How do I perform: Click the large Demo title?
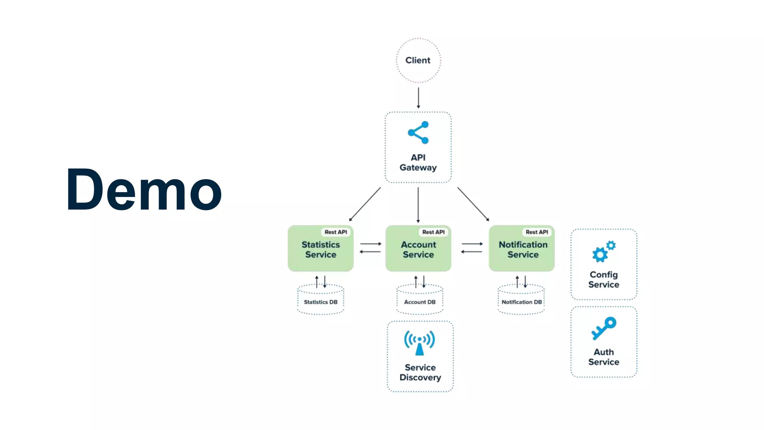pyautogui.click(x=144, y=190)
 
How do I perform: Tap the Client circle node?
pyautogui.click(x=418, y=60)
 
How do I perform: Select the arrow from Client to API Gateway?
pyautogui.click(x=418, y=98)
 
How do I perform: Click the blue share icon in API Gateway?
pyautogui.click(x=419, y=133)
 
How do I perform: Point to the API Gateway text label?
pyautogui.click(x=418, y=163)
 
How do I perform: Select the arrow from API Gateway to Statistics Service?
pyautogui.click(x=365, y=204)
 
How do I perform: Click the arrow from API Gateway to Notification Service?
pyautogui.click(x=473, y=204)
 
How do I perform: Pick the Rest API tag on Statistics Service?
pyautogui.click(x=335, y=232)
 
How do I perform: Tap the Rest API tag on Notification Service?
pyautogui.click(x=536, y=232)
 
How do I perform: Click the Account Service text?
pyautogui.click(x=418, y=250)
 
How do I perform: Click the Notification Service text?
pyautogui.click(x=523, y=250)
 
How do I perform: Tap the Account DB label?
pyautogui.click(x=420, y=302)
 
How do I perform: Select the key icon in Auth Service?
pyautogui.click(x=604, y=328)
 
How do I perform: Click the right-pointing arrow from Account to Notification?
pyautogui.click(x=472, y=244)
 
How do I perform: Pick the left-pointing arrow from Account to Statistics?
pyautogui.click(x=370, y=252)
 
